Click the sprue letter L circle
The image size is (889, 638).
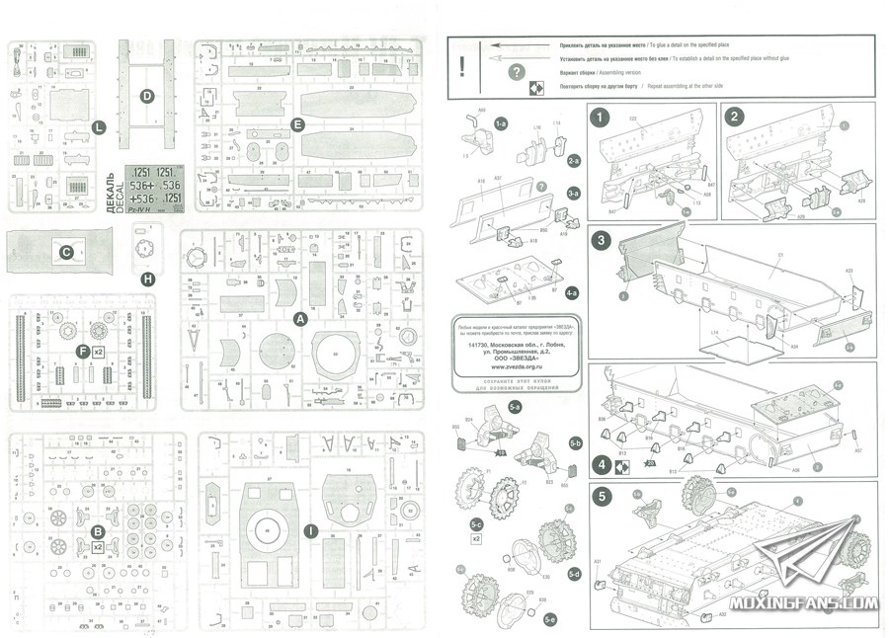98,127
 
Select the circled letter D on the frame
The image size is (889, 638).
146,96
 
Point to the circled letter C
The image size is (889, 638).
66,253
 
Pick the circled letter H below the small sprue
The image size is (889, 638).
148,279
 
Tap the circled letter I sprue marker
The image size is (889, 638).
311,531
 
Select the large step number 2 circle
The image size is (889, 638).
734,117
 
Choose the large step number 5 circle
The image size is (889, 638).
601,499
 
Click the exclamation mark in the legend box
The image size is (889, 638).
460,67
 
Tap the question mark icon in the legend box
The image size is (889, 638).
515,71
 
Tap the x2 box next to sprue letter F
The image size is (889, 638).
100,351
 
